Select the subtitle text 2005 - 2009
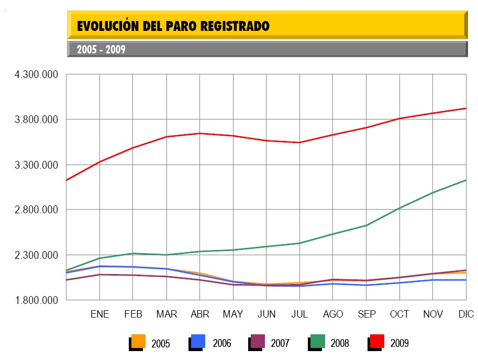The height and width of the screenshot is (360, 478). pyautogui.click(x=101, y=50)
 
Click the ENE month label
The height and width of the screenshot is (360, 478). pyautogui.click(x=99, y=314)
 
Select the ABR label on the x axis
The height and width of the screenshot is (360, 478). pyautogui.click(x=199, y=314)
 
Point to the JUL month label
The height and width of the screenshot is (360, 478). pyautogui.click(x=299, y=314)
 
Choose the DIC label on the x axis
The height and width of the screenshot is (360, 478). pyautogui.click(x=465, y=314)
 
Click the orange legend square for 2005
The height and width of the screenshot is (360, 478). pyautogui.click(x=138, y=341)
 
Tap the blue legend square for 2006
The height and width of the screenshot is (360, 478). pyautogui.click(x=198, y=341)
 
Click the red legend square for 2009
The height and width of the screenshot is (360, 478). pyautogui.click(x=377, y=341)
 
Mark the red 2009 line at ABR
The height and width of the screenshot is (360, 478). pyautogui.click(x=199, y=133)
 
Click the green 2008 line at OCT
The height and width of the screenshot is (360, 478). pyautogui.click(x=400, y=208)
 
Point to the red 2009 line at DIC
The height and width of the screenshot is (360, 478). pyautogui.click(x=465, y=108)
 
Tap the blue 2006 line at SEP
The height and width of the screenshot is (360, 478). pyautogui.click(x=366, y=285)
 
